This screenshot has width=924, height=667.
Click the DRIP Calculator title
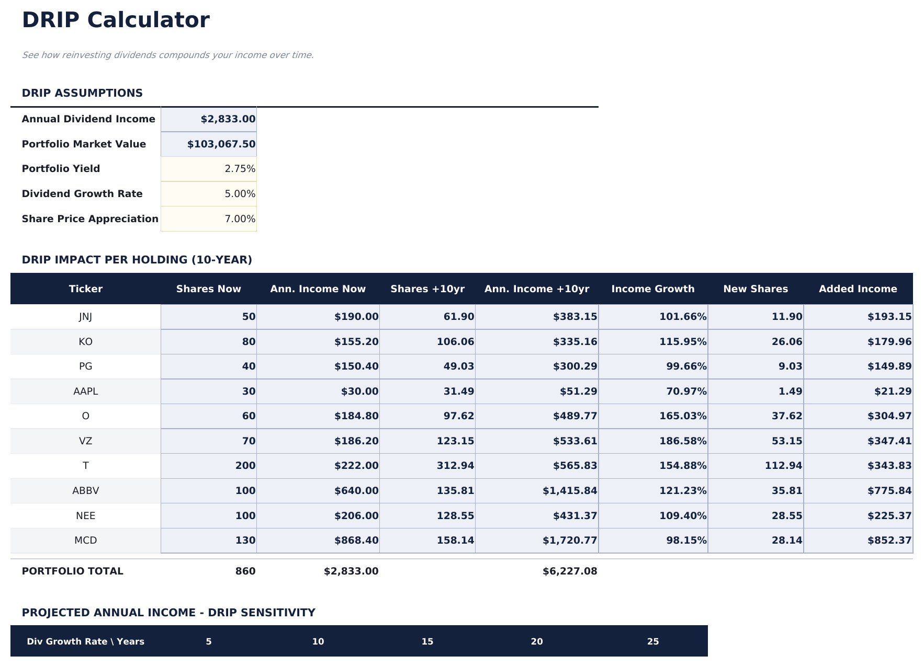click(116, 20)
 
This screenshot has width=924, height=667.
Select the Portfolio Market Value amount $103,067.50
click(221, 144)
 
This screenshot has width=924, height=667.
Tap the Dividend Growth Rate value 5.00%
click(240, 194)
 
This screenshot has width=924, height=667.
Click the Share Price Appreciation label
click(90, 219)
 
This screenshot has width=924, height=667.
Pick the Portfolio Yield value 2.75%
click(240, 169)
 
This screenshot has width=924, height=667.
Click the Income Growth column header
click(652, 289)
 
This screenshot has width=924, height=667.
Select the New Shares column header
click(755, 289)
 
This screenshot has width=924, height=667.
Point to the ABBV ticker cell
click(86, 491)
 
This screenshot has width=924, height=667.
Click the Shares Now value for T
click(245, 466)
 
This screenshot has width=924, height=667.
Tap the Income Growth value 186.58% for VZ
click(682, 441)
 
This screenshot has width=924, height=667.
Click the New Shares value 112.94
click(783, 466)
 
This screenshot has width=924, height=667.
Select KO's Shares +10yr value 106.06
click(455, 342)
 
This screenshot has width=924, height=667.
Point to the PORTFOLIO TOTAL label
click(73, 571)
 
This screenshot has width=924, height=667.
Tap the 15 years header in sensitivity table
click(427, 641)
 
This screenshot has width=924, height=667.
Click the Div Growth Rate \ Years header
click(86, 641)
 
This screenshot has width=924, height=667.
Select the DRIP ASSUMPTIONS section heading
click(82, 93)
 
